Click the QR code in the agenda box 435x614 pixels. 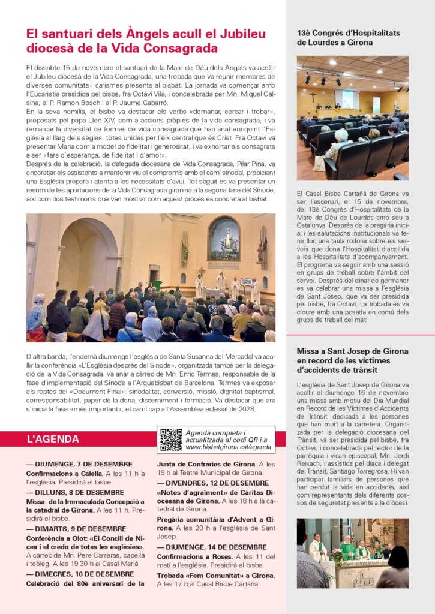pyautogui.click(x=171, y=440)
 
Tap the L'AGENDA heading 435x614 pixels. pyautogui.click(x=53, y=439)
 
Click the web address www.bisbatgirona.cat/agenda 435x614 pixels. pyautogui.click(x=228, y=447)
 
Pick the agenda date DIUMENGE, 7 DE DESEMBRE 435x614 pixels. pyautogui.click(x=79, y=464)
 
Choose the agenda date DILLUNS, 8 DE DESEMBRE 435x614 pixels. pyautogui.click(x=75, y=492)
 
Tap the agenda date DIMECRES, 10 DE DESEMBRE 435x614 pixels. pyautogui.click(x=80, y=574)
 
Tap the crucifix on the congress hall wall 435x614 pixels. pyautogui.click(x=312, y=97)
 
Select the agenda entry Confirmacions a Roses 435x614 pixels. pyautogui.click(x=194, y=556)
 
